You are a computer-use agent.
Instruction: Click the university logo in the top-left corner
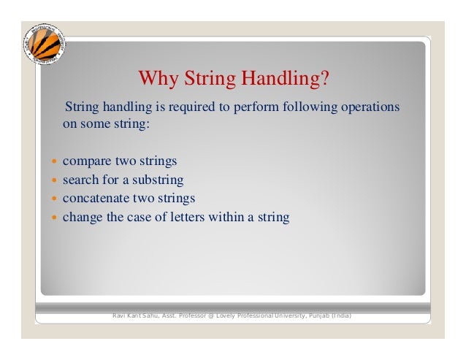[x=42, y=43]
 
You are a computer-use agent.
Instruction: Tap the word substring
[x=157, y=180]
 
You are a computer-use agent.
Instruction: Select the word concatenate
[x=97, y=198]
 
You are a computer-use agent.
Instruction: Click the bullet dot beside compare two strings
[x=54, y=161]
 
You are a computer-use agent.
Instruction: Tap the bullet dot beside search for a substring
[x=54, y=180]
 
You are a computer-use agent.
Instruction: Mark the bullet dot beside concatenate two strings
[x=54, y=199]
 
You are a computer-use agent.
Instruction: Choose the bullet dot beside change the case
[x=54, y=218]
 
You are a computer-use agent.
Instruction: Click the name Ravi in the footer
[x=119, y=315]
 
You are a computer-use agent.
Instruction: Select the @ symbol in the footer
[x=208, y=315]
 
